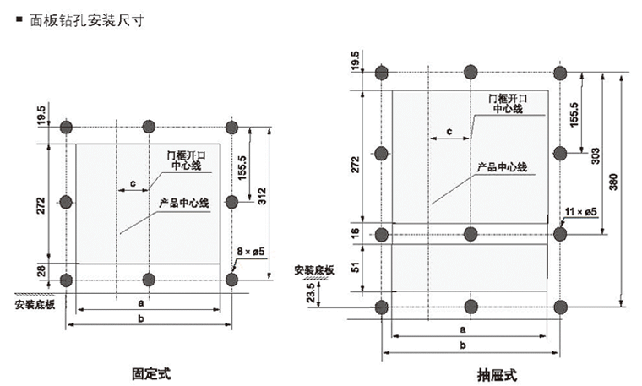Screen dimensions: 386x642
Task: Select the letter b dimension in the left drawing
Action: pos(150,317)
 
